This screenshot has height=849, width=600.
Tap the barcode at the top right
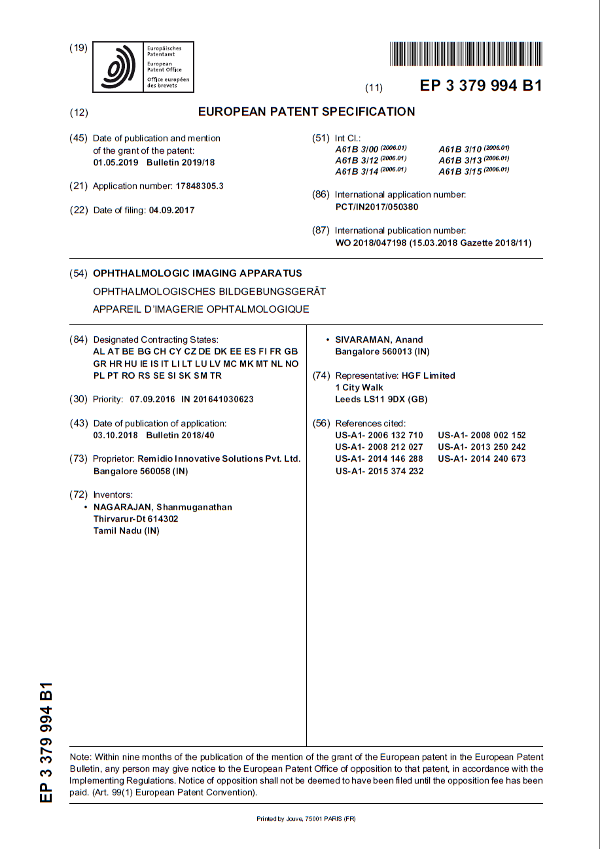[x=465, y=54]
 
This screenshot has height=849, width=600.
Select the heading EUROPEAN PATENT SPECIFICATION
[x=306, y=112]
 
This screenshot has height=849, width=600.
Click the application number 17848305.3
[x=200, y=186]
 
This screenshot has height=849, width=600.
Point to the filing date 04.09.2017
[x=171, y=210]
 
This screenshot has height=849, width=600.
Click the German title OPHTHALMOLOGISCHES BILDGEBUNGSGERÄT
[x=209, y=291]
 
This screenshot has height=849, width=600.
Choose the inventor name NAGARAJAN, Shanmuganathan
[x=163, y=507]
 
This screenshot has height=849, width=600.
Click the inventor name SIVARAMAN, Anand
[x=379, y=339]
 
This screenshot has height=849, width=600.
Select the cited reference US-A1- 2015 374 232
[x=379, y=471]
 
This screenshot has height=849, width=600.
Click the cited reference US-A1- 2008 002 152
[x=482, y=435]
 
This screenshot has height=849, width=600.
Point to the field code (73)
[x=78, y=459]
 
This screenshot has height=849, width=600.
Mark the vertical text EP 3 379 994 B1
[x=46, y=742]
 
